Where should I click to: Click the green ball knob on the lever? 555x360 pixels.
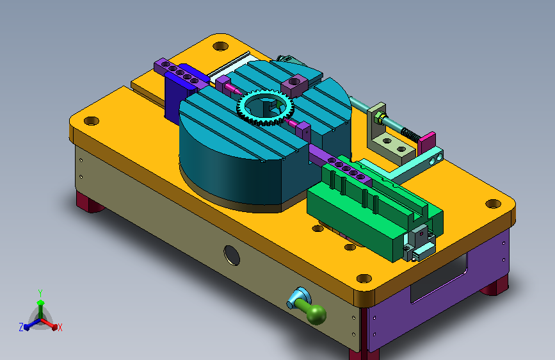(x=317, y=314)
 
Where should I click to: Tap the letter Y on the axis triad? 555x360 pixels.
(x=40, y=293)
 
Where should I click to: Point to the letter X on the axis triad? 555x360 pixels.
(x=60, y=328)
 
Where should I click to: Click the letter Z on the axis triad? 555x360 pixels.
(x=21, y=327)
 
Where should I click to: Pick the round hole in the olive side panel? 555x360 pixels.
(x=232, y=255)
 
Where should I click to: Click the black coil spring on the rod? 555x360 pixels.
(x=410, y=135)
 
